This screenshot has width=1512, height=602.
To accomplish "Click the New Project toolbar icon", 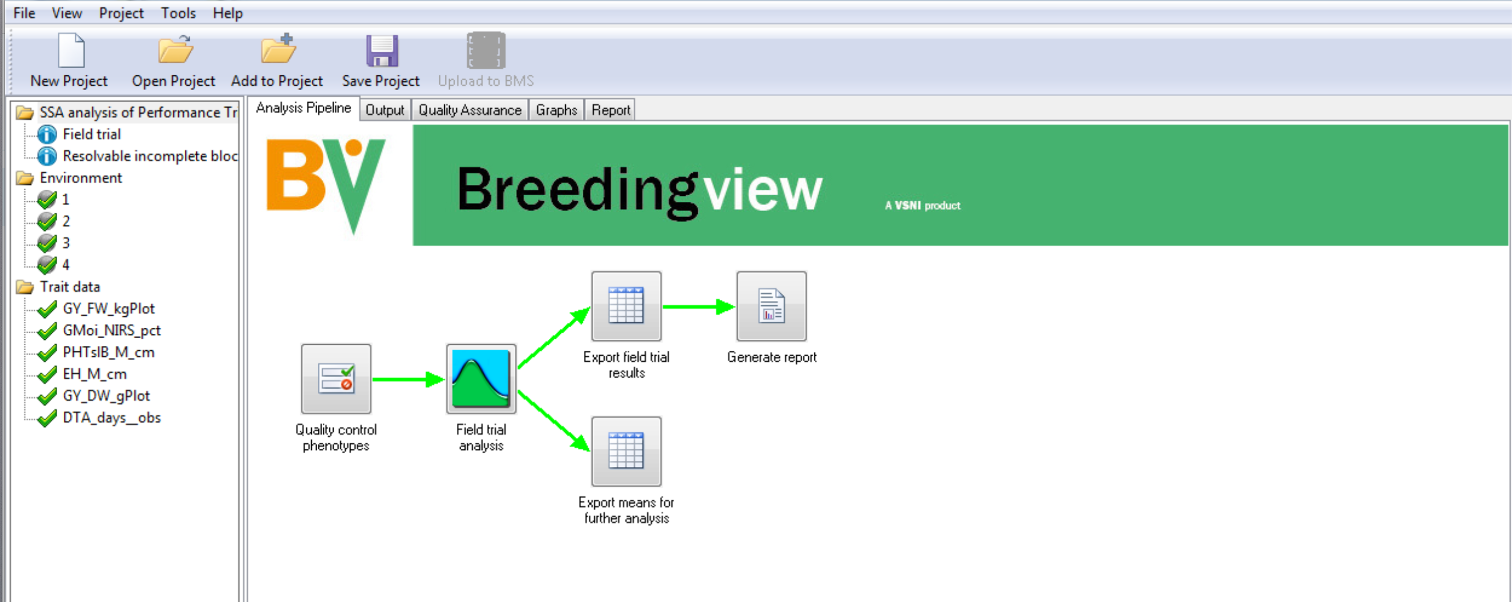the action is click(x=71, y=50).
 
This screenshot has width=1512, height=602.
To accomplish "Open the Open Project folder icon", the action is click(x=175, y=50).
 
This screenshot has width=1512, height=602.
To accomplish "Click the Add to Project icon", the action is click(x=278, y=49).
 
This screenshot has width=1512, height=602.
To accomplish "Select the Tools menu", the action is click(x=178, y=13).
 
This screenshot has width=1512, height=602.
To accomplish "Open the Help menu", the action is click(x=227, y=13).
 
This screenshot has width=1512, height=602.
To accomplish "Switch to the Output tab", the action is click(x=385, y=110).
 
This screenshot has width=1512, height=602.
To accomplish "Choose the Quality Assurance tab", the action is click(x=470, y=110).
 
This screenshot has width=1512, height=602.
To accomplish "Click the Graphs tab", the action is click(x=556, y=110).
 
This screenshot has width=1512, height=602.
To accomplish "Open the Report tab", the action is click(x=611, y=110).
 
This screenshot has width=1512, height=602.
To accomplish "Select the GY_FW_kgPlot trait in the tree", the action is click(x=109, y=309).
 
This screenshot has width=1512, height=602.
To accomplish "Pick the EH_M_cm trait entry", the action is click(x=95, y=374).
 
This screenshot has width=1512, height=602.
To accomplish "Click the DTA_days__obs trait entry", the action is click(x=112, y=418).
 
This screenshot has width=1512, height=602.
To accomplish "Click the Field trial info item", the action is click(x=92, y=134).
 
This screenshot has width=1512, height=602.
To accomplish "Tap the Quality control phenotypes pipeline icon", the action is click(x=336, y=379).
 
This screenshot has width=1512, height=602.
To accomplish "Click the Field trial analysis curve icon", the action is click(x=481, y=379).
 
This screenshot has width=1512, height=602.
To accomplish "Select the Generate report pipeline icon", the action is click(x=772, y=306).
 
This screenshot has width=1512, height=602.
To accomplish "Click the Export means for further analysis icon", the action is click(x=627, y=451).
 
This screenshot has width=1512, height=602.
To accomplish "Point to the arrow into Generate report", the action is click(x=699, y=307).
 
